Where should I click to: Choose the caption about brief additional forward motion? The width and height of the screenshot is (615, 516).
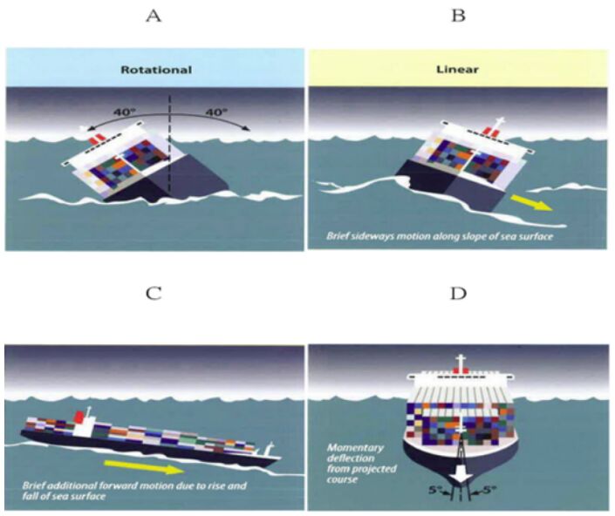click(111, 490)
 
